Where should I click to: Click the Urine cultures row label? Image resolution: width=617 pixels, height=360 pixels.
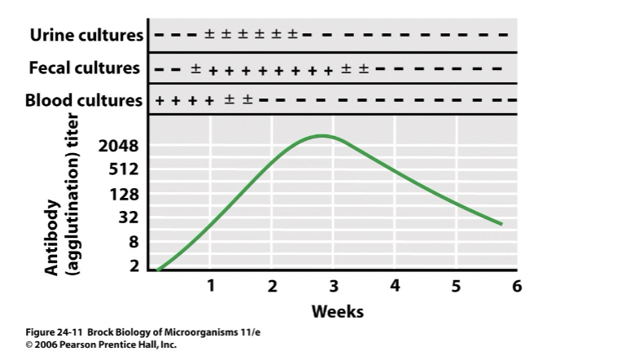click(x=86, y=35)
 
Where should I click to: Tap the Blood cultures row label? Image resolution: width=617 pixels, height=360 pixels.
click(x=85, y=101)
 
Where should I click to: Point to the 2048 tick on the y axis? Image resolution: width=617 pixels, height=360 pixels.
click(x=119, y=147)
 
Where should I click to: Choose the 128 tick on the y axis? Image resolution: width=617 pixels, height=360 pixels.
click(x=125, y=195)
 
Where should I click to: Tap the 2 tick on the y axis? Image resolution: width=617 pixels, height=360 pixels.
click(x=134, y=266)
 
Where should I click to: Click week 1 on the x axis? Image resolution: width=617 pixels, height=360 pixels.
click(x=210, y=286)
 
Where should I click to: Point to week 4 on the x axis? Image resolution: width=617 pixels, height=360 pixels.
click(x=395, y=286)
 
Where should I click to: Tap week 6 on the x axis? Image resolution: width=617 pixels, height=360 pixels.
click(x=516, y=286)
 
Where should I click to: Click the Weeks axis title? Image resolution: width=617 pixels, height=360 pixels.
click(x=338, y=311)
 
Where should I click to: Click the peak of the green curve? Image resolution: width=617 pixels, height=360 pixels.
click(x=323, y=135)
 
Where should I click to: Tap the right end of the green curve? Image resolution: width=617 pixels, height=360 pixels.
click(x=501, y=224)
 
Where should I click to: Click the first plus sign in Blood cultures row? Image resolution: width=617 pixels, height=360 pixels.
click(x=159, y=101)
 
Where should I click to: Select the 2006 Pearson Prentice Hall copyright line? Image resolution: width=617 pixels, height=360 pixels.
click(x=102, y=345)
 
